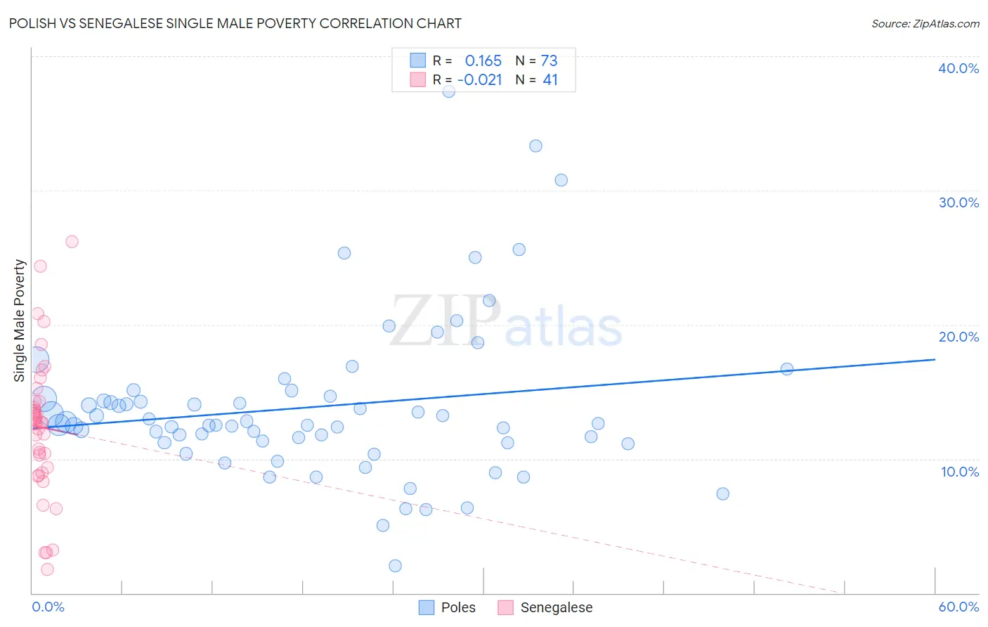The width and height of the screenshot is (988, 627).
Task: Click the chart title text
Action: pyautogui.click(x=235, y=23)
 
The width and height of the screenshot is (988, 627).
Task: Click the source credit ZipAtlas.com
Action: pyautogui.click(x=925, y=23)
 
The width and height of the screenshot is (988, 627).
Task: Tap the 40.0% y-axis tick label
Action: pyautogui.click(x=958, y=68)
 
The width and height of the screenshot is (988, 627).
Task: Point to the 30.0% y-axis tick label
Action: pyautogui.click(x=958, y=202)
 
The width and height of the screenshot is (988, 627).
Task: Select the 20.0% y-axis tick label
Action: pyautogui.click(x=958, y=337)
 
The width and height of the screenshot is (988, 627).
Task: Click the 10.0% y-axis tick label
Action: pyautogui.click(x=958, y=472)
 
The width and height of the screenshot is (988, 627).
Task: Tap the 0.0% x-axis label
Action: pyautogui.click(x=48, y=607)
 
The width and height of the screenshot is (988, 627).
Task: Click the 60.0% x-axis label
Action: pyautogui.click(x=958, y=607)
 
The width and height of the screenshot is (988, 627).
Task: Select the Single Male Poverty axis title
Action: pyautogui.click(x=20, y=321)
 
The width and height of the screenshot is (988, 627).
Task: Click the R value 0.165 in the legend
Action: pyautogui.click(x=483, y=60)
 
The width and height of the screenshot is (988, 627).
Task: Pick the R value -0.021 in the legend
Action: pyautogui.click(x=480, y=80)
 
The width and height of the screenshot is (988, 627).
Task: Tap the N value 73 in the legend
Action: pyautogui.click(x=549, y=60)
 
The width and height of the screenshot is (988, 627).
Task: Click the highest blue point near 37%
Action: pyautogui.click(x=449, y=91)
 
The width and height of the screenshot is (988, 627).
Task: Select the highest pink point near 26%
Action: pyautogui.click(x=72, y=242)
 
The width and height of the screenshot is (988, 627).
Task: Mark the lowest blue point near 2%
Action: pyautogui.click(x=395, y=566)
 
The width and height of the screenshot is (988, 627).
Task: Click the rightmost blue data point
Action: pyautogui.click(x=787, y=369)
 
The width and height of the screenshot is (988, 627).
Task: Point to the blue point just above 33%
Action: pyautogui.click(x=535, y=146)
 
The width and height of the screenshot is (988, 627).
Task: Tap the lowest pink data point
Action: pyautogui.click(x=47, y=569)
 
